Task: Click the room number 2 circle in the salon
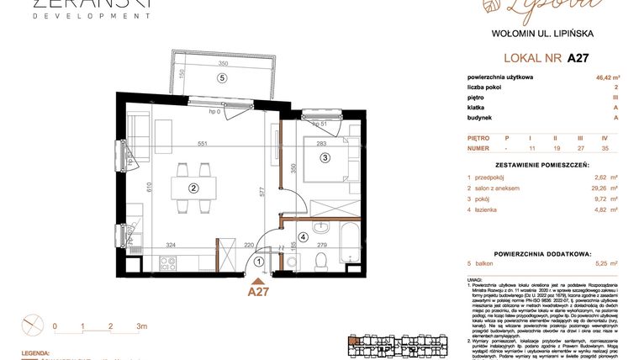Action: [x=193, y=188]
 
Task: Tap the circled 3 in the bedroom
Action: [x=325, y=156]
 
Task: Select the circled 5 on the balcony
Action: [x=222, y=78]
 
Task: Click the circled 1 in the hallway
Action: [x=259, y=262]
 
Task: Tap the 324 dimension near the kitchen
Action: [x=170, y=245]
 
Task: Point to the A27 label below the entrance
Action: [x=260, y=291]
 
